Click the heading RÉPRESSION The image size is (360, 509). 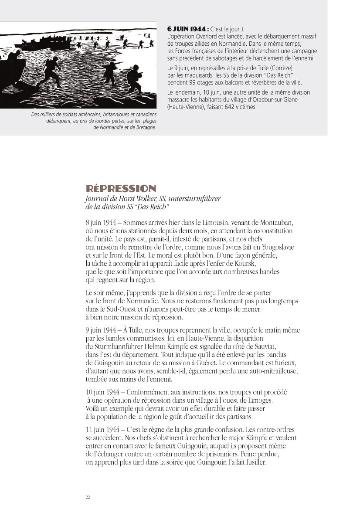point(121,189)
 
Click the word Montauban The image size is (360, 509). point(272,223)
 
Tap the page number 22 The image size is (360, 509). point(88,498)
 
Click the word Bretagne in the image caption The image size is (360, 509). point(142,128)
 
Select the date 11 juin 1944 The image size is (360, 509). point(103,429)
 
